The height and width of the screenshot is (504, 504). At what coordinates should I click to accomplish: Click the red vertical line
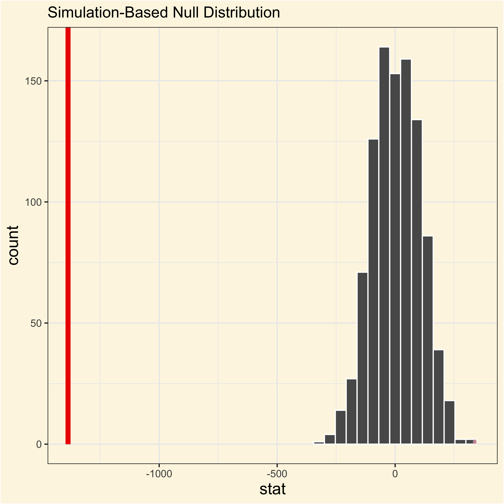tap(68, 235)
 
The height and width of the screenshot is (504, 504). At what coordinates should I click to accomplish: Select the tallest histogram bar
tap(384, 245)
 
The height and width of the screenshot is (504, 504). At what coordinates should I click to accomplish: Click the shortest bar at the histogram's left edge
tap(319, 443)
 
